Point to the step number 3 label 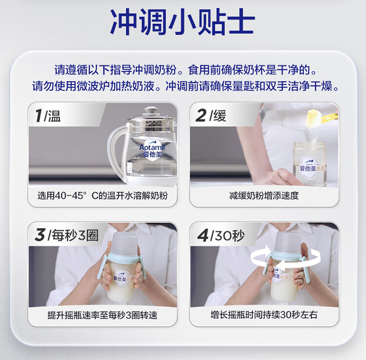coord(39,235)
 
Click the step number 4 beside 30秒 coord(202,235)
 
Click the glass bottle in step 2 coord(309,164)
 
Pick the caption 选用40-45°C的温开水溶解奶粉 coord(102,196)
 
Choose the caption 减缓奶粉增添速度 coord(264,196)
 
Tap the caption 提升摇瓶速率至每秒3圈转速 coord(102,315)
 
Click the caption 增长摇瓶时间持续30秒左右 coord(264,315)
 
